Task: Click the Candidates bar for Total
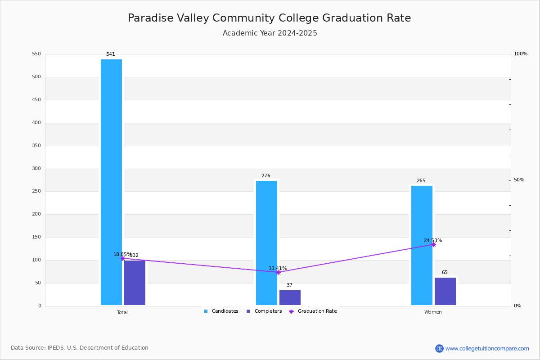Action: pyautogui.click(x=112, y=182)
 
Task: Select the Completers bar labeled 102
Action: pyautogui.click(x=135, y=283)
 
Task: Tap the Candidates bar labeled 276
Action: pyautogui.click(x=266, y=243)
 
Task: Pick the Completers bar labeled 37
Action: pyautogui.click(x=290, y=298)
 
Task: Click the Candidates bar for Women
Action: pyautogui.click(x=422, y=245)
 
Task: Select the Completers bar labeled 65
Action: pyautogui.click(x=445, y=292)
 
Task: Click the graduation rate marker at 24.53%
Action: pyautogui.click(x=433, y=245)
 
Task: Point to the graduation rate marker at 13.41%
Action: pyautogui.click(x=278, y=272)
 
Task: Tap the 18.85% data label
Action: pyautogui.click(x=122, y=254)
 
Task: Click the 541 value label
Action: pyautogui.click(x=111, y=54)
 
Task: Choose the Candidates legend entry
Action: pyautogui.click(x=221, y=311)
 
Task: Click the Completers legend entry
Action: pyautogui.click(x=264, y=311)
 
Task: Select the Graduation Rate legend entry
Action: pyautogui.click(x=313, y=311)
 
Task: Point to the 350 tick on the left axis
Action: pyautogui.click(x=36, y=145)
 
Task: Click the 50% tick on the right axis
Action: pyautogui.click(x=519, y=180)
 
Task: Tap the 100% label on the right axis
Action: pyautogui.click(x=521, y=54)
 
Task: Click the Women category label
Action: pyautogui.click(x=433, y=312)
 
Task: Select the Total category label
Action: pyautogui.click(x=122, y=312)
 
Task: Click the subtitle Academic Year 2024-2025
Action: pyautogui.click(x=270, y=33)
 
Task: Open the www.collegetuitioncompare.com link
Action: pyautogui.click(x=487, y=348)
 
